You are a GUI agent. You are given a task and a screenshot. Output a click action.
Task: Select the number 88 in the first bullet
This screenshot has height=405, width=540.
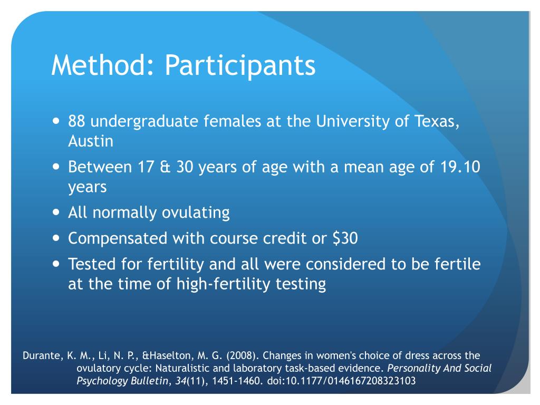[x=77, y=122]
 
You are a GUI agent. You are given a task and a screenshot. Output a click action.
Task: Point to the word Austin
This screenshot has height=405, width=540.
[x=91, y=141]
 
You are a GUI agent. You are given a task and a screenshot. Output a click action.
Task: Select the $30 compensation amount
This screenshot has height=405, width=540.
[x=345, y=239]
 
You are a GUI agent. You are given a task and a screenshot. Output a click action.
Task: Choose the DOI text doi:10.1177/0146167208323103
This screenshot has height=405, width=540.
[x=340, y=381]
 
